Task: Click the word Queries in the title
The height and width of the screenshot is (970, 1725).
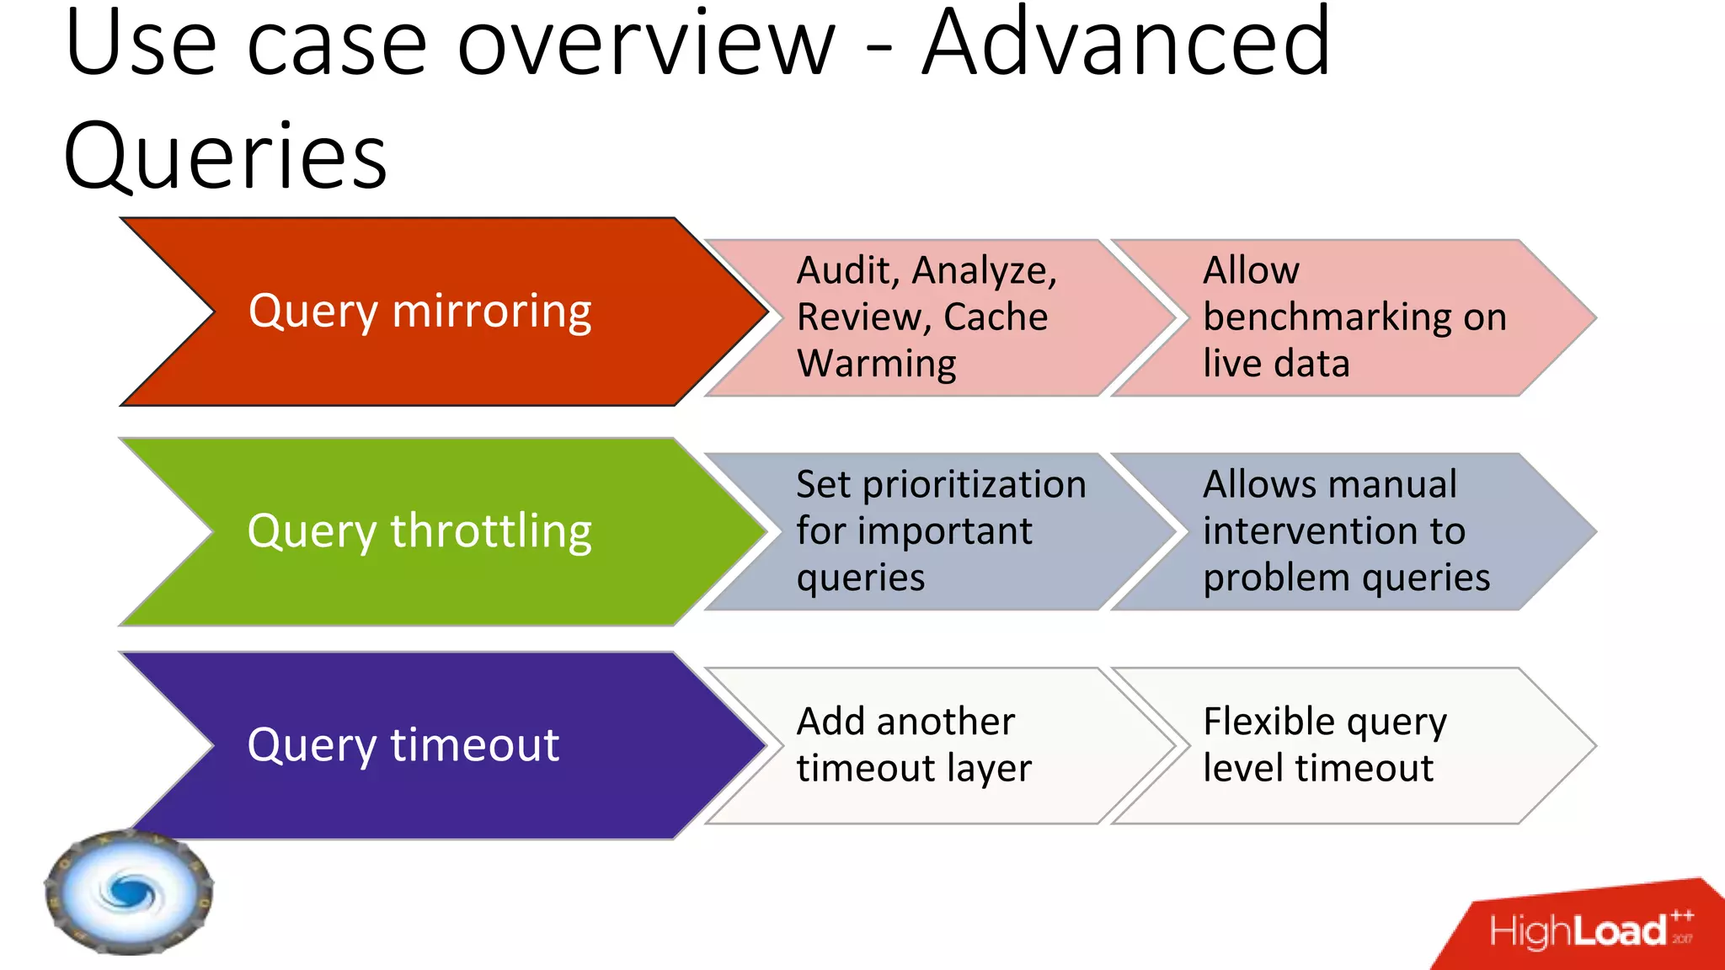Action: click(x=225, y=157)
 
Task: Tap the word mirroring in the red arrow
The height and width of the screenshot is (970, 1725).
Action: click(x=492, y=312)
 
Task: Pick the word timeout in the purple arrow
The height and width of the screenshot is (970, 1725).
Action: click(x=475, y=745)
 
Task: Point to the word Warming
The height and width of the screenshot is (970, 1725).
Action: click(x=876, y=364)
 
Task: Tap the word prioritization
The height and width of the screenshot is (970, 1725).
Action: click(x=974, y=485)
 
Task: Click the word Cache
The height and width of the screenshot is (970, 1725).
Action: click(x=996, y=317)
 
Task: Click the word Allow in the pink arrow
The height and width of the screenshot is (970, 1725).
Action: click(x=1251, y=271)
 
